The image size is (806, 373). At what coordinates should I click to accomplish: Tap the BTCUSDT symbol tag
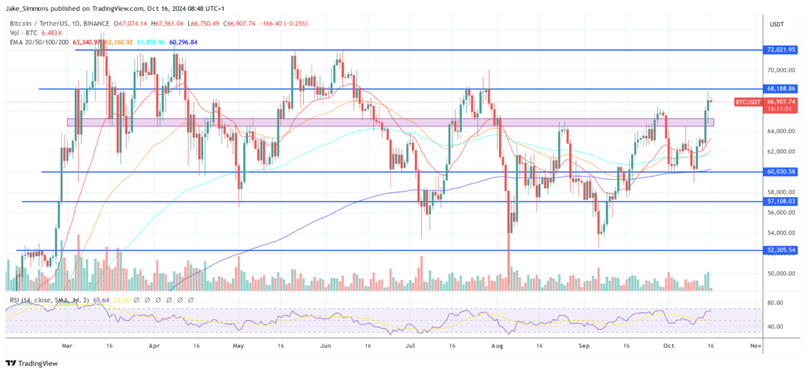coord(748,102)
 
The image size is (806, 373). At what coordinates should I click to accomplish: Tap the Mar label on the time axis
coord(66,345)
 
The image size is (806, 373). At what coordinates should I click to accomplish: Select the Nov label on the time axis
coord(756,345)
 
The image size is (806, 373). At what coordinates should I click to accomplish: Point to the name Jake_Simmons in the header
coord(29,8)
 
